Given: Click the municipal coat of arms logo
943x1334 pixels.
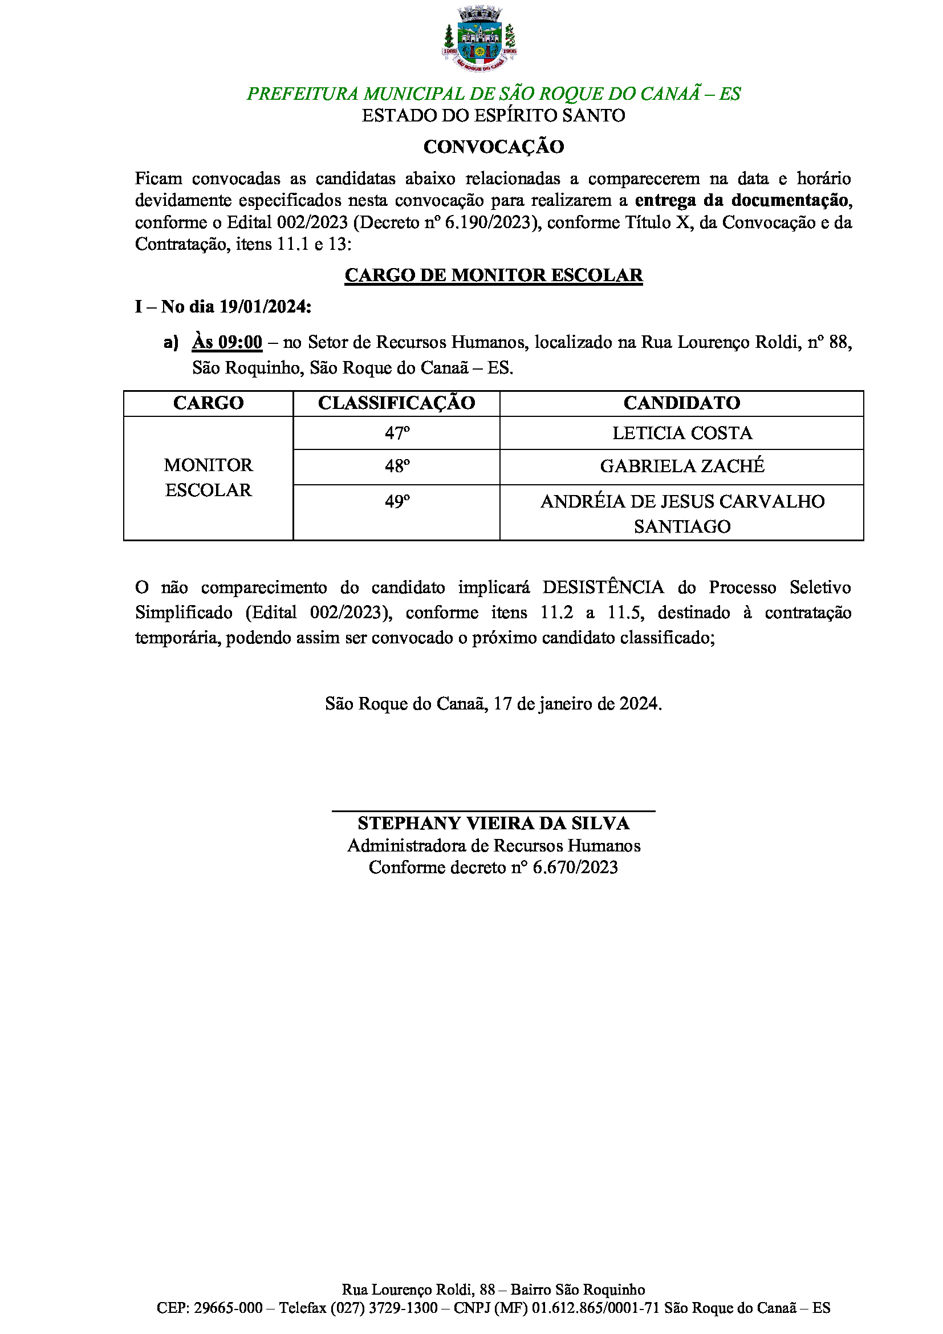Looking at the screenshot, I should tap(479, 39).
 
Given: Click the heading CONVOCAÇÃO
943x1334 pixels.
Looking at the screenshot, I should tap(494, 147).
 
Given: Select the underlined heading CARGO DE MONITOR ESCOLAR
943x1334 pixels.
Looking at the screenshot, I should tap(494, 275).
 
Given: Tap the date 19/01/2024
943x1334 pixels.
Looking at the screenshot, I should tap(265, 306).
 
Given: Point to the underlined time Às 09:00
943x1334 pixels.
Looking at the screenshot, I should tap(227, 342).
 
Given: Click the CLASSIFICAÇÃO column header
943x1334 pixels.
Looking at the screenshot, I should tap(397, 403).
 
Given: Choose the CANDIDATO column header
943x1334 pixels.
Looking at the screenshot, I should tap(682, 403).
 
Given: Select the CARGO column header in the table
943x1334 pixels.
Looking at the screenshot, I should tap(209, 403).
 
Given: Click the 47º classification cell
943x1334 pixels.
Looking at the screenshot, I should tap(397, 433).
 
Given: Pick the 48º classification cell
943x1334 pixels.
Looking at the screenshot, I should tap(397, 467).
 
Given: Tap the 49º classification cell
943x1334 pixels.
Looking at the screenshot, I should tap(397, 502).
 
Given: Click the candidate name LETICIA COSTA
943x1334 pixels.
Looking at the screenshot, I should tap(682, 433).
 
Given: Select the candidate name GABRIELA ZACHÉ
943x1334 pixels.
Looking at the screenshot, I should tap(682, 467).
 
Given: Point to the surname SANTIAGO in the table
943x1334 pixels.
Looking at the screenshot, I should tap(682, 527).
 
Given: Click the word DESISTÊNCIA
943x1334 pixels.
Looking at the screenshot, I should tap(603, 587).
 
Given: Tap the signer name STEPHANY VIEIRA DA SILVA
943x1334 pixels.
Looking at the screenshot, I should tap(494, 824).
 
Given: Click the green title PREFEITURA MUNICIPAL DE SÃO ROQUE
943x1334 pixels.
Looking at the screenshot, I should tap(494, 94).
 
